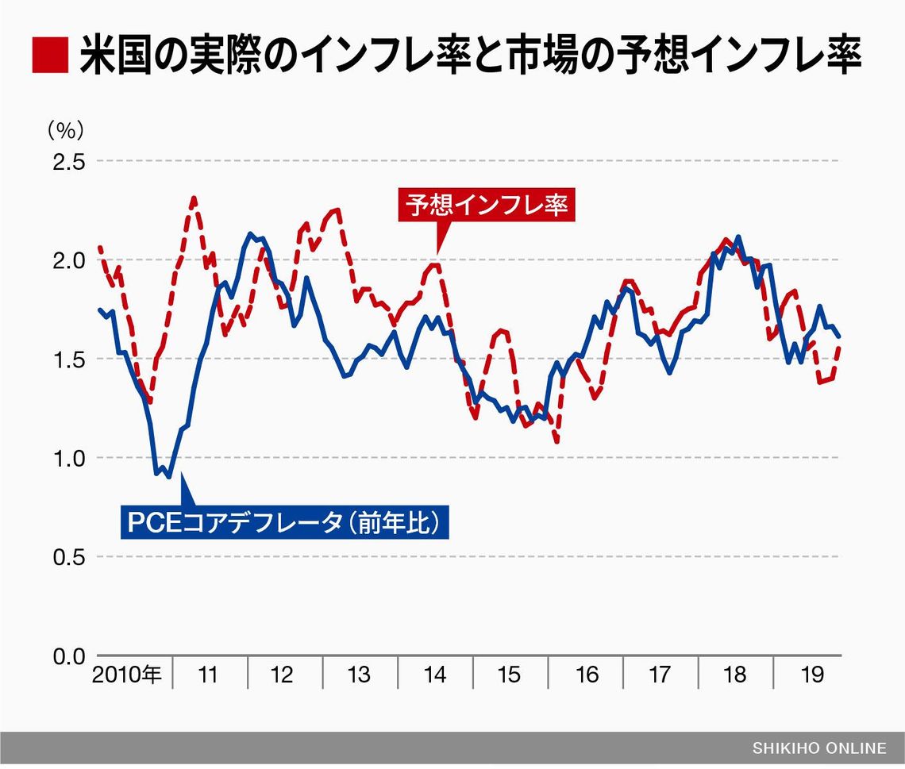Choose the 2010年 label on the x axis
point(127,675)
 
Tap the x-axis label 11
point(208,675)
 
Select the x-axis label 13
point(359,675)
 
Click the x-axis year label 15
point(509,675)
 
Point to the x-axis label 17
point(660,675)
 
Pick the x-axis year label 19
point(811,675)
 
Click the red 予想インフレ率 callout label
point(487,204)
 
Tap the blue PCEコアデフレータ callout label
point(284,523)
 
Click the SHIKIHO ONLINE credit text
point(819,748)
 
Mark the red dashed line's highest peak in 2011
point(194,198)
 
